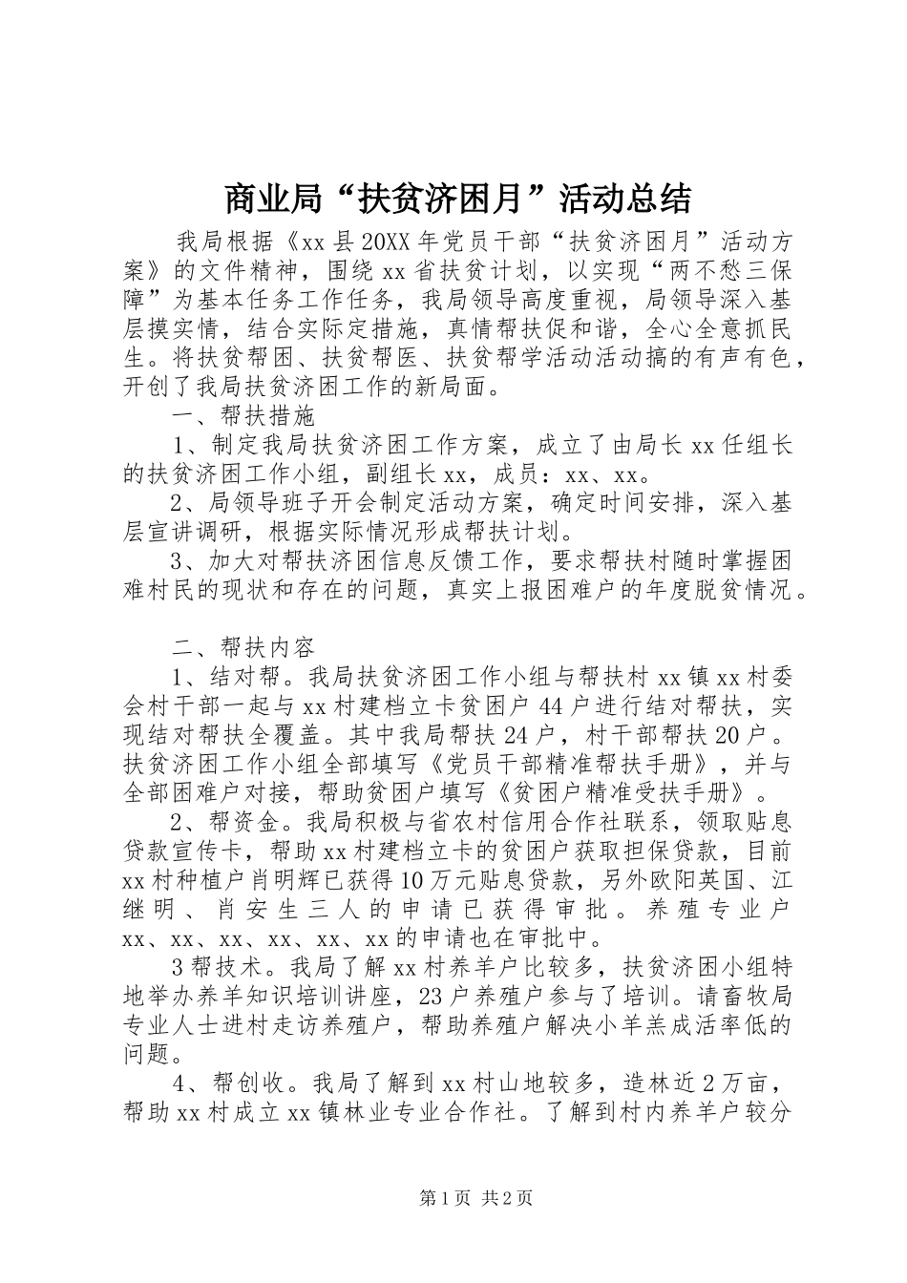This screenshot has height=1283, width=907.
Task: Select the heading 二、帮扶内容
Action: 243,648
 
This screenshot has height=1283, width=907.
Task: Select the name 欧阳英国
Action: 696,877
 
